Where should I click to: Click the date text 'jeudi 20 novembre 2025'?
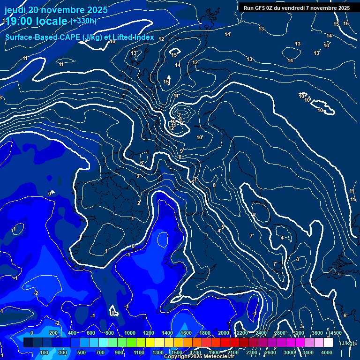[56, 10]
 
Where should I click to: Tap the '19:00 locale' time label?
[36, 21]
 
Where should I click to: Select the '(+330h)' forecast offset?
[84, 21]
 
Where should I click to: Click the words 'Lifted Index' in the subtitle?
[132, 37]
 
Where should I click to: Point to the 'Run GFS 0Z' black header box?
[296, 8]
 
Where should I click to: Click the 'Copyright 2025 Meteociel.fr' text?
[199, 357]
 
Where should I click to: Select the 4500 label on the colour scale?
[336, 333]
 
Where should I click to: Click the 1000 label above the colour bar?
[129, 333]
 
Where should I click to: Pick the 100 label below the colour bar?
[45, 352]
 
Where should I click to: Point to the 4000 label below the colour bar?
[327, 352]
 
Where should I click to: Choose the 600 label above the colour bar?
[91, 333]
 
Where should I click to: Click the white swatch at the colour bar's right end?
[328, 343]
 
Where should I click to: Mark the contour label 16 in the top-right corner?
[346, 24]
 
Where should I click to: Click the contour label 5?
[223, 227]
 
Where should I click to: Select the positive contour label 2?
[139, 203]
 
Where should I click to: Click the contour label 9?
[181, 151]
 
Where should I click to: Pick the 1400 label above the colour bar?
[167, 333]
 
